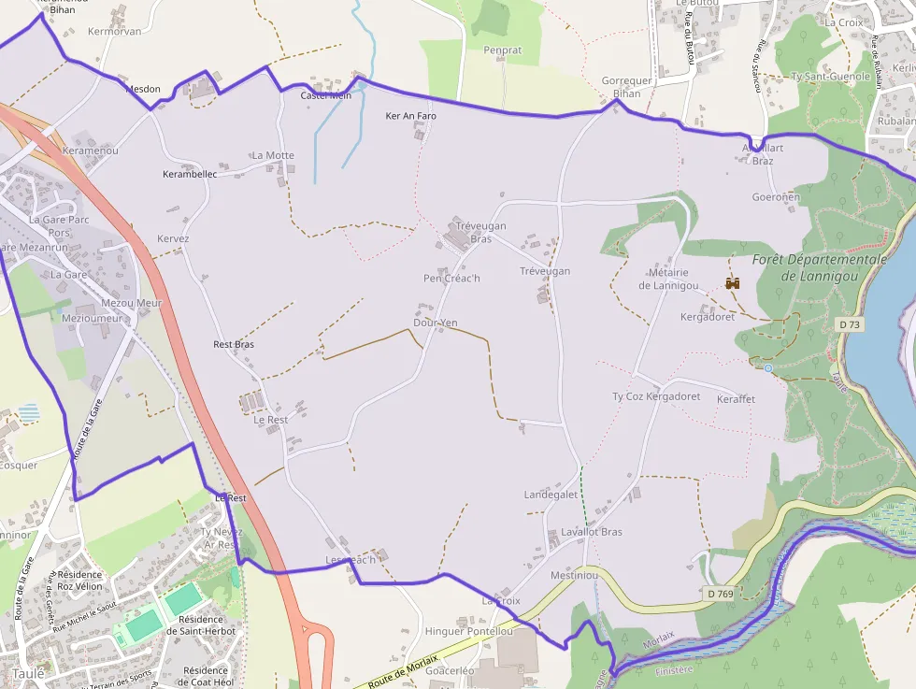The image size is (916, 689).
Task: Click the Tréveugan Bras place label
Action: click(480, 232)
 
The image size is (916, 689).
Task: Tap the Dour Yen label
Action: click(436, 323)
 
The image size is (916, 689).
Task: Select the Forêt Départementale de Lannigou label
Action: click(820, 267)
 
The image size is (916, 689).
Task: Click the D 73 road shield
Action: click(848, 323)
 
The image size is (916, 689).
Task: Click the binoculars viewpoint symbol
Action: click(733, 282)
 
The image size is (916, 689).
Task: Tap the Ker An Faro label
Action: click(411, 116)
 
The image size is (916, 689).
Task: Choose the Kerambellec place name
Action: click(190, 174)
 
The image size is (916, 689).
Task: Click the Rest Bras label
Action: click(234, 344)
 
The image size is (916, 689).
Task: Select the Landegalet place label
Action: click(551, 495)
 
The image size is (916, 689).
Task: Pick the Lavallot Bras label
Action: click(591, 532)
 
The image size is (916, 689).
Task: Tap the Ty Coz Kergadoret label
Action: click(656, 396)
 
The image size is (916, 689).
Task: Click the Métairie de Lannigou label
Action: click(668, 279)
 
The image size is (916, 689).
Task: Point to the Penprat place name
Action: click(503, 50)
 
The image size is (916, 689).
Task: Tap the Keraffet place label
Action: click(736, 399)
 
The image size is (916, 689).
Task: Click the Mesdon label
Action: click(143, 90)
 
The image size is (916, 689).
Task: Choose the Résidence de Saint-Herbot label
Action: click(200, 624)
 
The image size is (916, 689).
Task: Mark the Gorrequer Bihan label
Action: click(627, 87)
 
